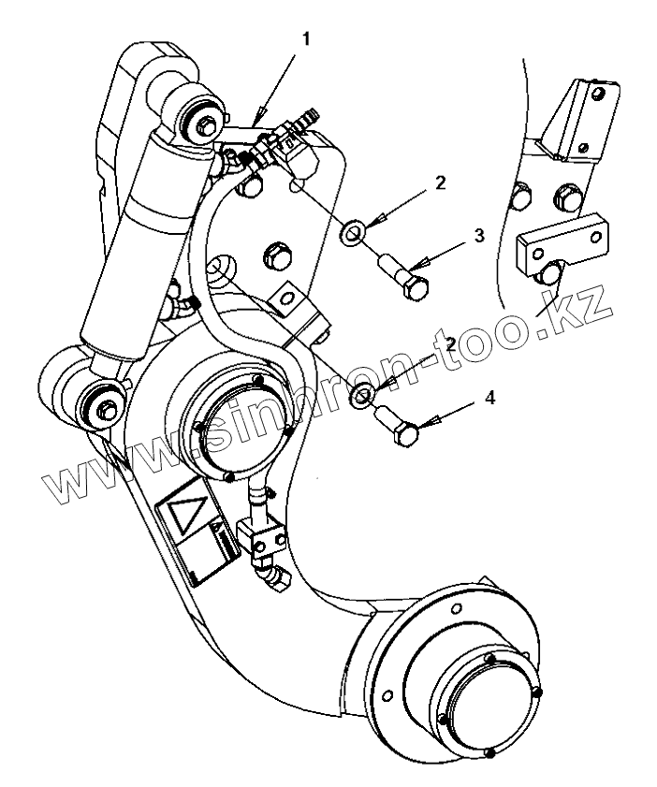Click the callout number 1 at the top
pyautogui.click(x=306, y=39)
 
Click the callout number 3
pyautogui.click(x=479, y=236)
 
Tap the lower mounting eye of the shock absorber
pyautogui.click(x=100, y=404)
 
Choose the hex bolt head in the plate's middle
pyautogui.click(x=276, y=254)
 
